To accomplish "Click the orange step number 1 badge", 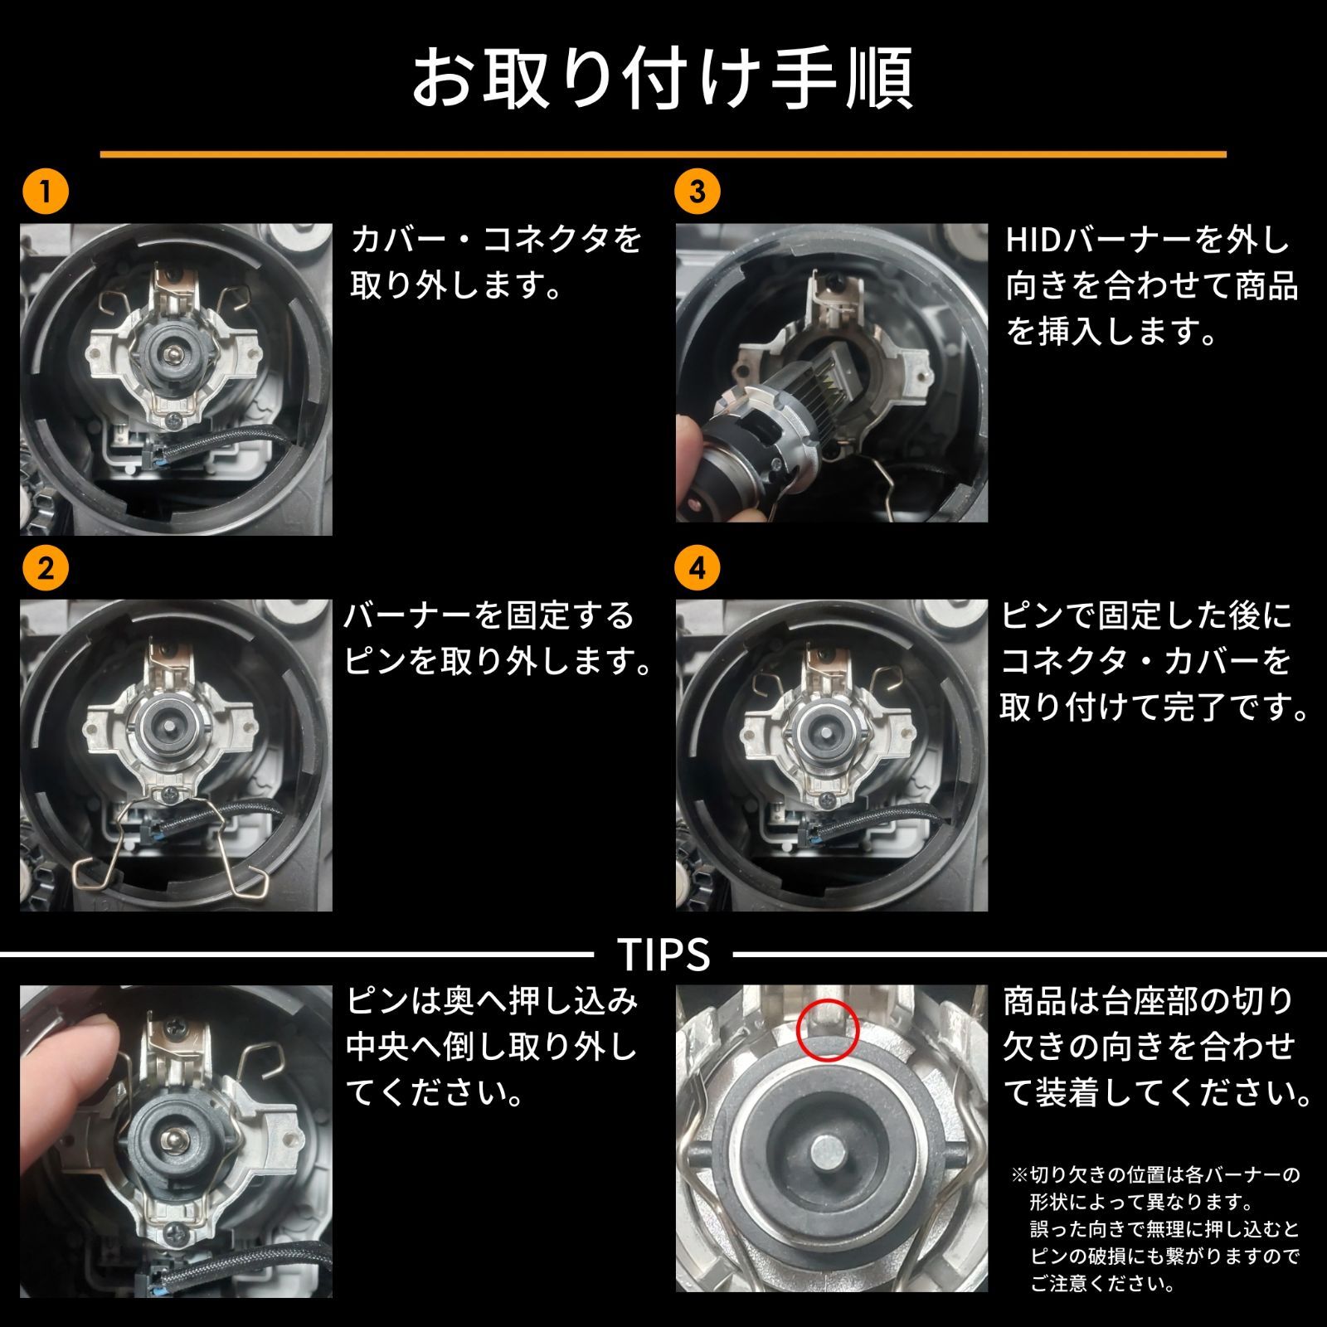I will (46, 192).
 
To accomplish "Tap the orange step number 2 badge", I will (46, 569).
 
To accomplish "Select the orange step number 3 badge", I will (698, 192).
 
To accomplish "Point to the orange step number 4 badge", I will (698, 569).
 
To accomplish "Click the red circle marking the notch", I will (829, 1029).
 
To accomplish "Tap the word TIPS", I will (663, 955).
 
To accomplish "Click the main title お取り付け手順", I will (663, 79).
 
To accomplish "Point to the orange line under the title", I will (663, 154).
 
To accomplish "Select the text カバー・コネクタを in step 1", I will (496, 241).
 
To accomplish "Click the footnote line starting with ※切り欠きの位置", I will (1154, 1175).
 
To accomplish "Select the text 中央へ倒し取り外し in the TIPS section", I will (491, 1047).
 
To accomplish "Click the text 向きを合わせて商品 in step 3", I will (1151, 287).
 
